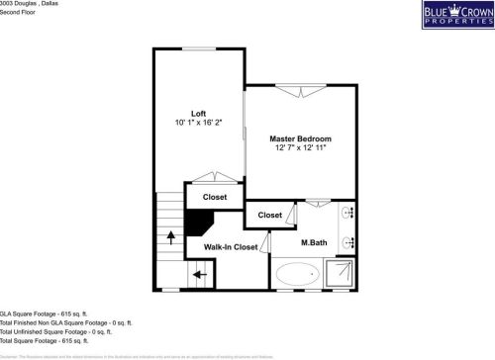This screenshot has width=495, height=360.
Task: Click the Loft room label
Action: pos(198,113)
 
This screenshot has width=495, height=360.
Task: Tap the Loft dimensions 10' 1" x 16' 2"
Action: pos(198,123)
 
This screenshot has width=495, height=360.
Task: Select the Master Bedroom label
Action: pos(300,138)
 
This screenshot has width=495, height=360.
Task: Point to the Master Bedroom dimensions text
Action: pos(300,148)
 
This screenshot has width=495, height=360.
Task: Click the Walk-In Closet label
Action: pos(231,247)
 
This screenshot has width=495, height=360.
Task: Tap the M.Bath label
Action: pos(314,242)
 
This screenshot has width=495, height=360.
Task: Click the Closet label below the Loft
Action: pos(215,197)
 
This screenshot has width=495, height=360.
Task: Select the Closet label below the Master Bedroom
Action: pos(269,215)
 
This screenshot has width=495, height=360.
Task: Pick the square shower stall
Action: pos(342,273)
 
